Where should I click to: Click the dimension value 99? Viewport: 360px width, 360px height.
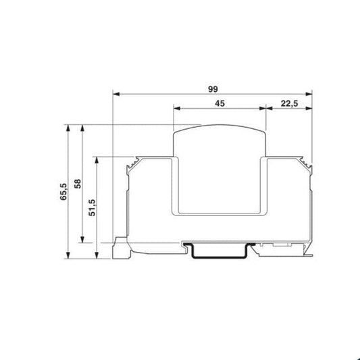click(213, 89)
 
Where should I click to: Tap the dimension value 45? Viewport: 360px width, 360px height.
click(220, 103)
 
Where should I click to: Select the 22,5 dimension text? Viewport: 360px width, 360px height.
click(289, 104)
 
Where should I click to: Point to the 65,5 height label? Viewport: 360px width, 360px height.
click(63, 192)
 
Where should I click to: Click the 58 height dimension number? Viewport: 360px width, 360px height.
click(78, 184)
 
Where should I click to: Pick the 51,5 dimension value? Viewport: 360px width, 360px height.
click(93, 207)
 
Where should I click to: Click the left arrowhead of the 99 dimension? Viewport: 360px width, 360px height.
click(116, 94)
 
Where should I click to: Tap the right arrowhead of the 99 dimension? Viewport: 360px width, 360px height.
click(309, 94)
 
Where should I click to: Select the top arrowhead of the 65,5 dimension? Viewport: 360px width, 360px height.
click(68, 128)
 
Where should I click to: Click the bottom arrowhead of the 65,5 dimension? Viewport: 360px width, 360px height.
click(68, 255)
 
